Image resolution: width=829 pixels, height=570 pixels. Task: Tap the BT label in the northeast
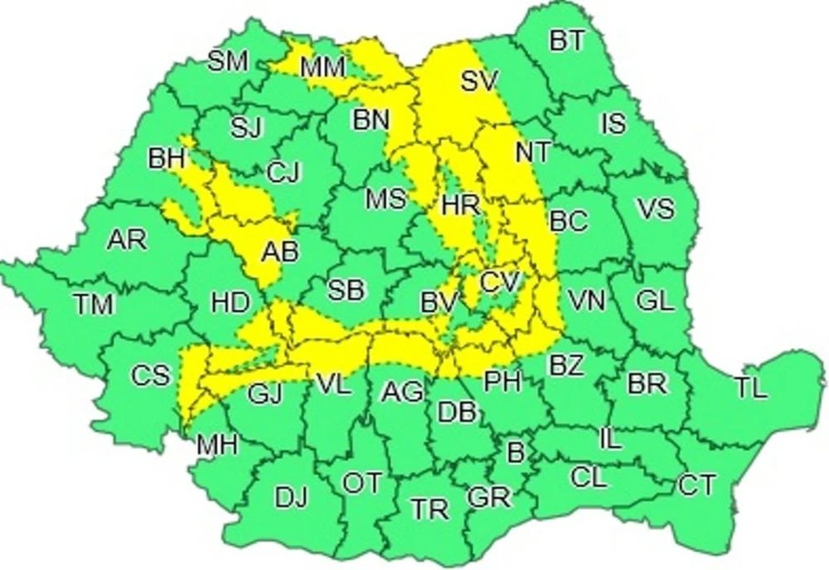tap(567, 41)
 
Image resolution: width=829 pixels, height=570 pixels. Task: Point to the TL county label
tap(750, 388)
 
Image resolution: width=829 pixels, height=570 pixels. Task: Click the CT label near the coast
tap(696, 484)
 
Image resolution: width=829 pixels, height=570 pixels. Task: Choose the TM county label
tap(93, 305)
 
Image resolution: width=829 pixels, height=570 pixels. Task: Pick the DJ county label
tap(291, 498)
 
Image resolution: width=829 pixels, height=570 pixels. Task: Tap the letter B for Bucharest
tap(516, 452)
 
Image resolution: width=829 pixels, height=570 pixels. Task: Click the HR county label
tap(461, 205)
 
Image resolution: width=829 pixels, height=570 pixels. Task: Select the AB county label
tap(279, 253)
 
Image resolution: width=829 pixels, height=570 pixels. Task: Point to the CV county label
tap(500, 283)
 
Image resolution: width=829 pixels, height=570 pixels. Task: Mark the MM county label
tap(323, 68)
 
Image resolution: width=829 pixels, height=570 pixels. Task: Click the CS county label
tap(150, 375)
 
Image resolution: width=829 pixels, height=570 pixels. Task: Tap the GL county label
tap(655, 301)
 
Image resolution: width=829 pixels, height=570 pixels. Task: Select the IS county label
tap(613, 124)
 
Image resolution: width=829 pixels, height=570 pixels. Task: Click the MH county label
tap(216, 445)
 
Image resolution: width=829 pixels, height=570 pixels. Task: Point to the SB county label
tap(345, 290)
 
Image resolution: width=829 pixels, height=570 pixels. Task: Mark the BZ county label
tap(565, 365)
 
